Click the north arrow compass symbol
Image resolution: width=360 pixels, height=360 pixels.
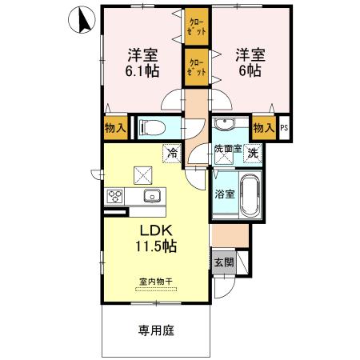tap(80, 19)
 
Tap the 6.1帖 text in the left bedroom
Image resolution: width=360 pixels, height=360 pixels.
tap(142, 70)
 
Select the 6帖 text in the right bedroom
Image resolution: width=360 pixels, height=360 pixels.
tap(247, 70)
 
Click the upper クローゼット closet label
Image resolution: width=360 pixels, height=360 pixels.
tap(195, 26)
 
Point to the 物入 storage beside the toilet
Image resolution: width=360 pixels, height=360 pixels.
tap(114, 127)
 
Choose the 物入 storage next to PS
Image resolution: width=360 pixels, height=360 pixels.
tap(262, 127)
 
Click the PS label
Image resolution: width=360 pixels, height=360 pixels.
tap(282, 128)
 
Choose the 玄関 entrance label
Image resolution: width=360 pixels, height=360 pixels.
tap(224, 261)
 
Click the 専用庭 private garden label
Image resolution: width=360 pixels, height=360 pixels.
tap(155, 329)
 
